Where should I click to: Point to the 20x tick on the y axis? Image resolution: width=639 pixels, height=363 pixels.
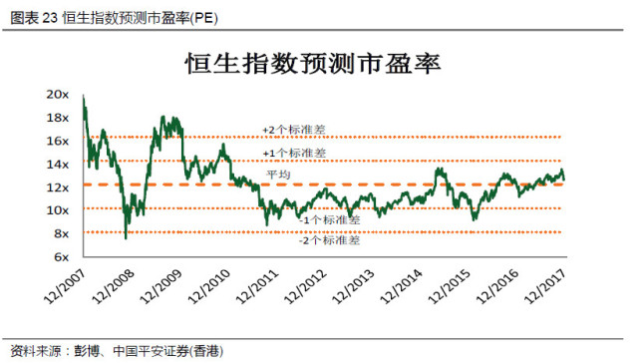click(x=57, y=94)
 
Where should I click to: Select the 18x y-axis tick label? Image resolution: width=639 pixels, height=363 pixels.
click(x=57, y=118)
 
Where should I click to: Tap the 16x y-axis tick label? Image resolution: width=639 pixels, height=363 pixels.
click(x=57, y=141)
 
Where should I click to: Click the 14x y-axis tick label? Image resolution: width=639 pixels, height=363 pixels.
click(x=57, y=164)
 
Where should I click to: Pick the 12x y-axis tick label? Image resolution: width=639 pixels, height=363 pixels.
click(x=57, y=187)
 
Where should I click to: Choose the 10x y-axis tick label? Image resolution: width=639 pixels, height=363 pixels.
click(x=57, y=210)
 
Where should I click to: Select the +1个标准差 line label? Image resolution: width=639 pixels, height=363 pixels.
click(x=293, y=153)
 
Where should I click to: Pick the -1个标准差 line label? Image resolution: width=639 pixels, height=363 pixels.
click(x=330, y=219)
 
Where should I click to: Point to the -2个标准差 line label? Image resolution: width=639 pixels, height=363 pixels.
click(x=330, y=241)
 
